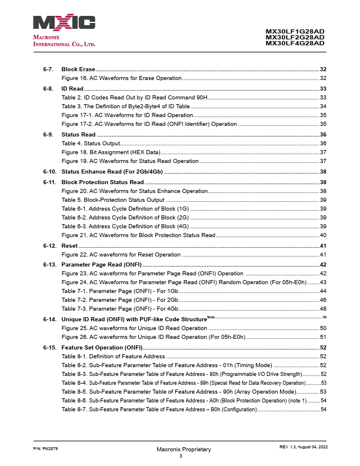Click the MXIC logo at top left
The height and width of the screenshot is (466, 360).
click(64, 23)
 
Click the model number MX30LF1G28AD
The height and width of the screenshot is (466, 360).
click(295, 31)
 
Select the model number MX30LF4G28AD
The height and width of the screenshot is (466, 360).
click(295, 43)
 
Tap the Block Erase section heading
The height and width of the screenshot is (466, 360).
click(78, 69)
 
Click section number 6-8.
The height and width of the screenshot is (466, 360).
click(49, 88)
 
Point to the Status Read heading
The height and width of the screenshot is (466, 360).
click(79, 135)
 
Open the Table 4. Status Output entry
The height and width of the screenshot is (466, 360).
click(91, 144)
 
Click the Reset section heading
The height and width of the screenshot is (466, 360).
click(69, 245)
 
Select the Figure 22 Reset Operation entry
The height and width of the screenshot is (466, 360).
click(121, 255)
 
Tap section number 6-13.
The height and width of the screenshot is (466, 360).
click(49, 264)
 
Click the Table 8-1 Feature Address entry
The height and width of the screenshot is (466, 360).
click(114, 357)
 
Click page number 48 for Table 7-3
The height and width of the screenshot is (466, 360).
click(323, 308)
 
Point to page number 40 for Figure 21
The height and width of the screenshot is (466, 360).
click(323, 235)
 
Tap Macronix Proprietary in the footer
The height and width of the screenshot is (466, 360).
click(184, 449)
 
